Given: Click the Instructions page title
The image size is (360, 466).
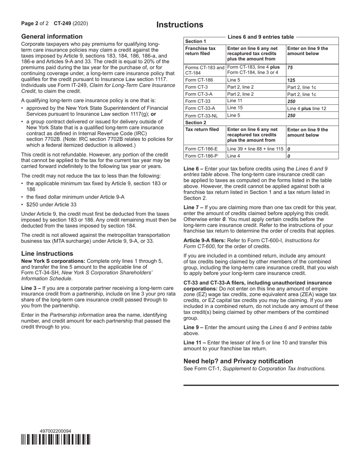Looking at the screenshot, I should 180,25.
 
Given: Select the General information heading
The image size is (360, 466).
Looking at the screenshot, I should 52,37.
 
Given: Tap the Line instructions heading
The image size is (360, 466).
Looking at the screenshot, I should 47,253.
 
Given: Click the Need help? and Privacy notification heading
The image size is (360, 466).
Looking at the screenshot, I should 238,361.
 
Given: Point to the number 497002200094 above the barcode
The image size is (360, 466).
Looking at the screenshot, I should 55,431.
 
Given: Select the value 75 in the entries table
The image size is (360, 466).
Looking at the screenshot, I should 290,67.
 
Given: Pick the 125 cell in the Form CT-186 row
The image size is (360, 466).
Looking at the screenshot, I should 291,80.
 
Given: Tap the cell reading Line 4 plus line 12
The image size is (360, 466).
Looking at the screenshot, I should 307,108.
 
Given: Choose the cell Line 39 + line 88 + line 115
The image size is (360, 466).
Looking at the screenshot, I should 255,149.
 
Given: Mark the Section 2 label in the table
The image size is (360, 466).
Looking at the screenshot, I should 196,122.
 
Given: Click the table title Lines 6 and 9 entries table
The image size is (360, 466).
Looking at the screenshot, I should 260,37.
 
